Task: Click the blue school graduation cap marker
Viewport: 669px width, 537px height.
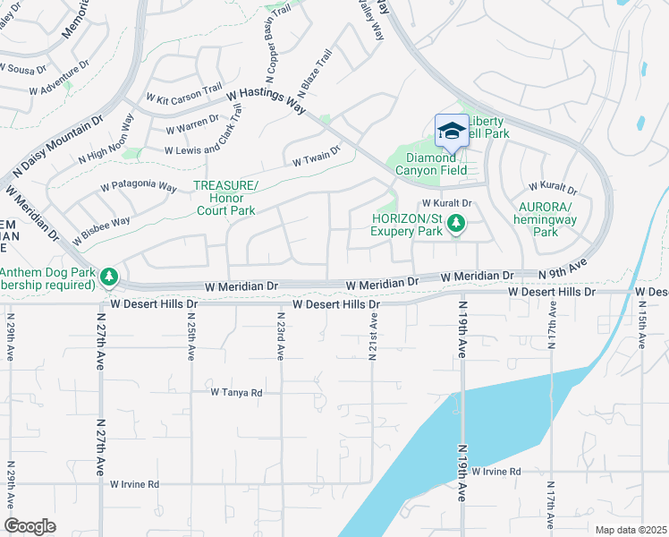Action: [x=452, y=132]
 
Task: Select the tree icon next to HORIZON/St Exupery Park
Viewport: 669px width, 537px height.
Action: [x=456, y=223]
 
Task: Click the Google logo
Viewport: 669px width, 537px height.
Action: [x=30, y=525]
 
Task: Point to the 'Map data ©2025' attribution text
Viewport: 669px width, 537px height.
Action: [x=631, y=530]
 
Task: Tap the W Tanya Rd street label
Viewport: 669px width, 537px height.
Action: [x=237, y=392]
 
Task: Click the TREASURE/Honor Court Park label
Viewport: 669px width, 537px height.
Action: [x=225, y=198]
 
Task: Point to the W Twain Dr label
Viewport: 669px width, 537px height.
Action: [x=317, y=157]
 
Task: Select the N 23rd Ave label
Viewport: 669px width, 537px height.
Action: [x=280, y=336]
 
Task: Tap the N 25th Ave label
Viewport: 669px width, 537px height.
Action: [x=191, y=336]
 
